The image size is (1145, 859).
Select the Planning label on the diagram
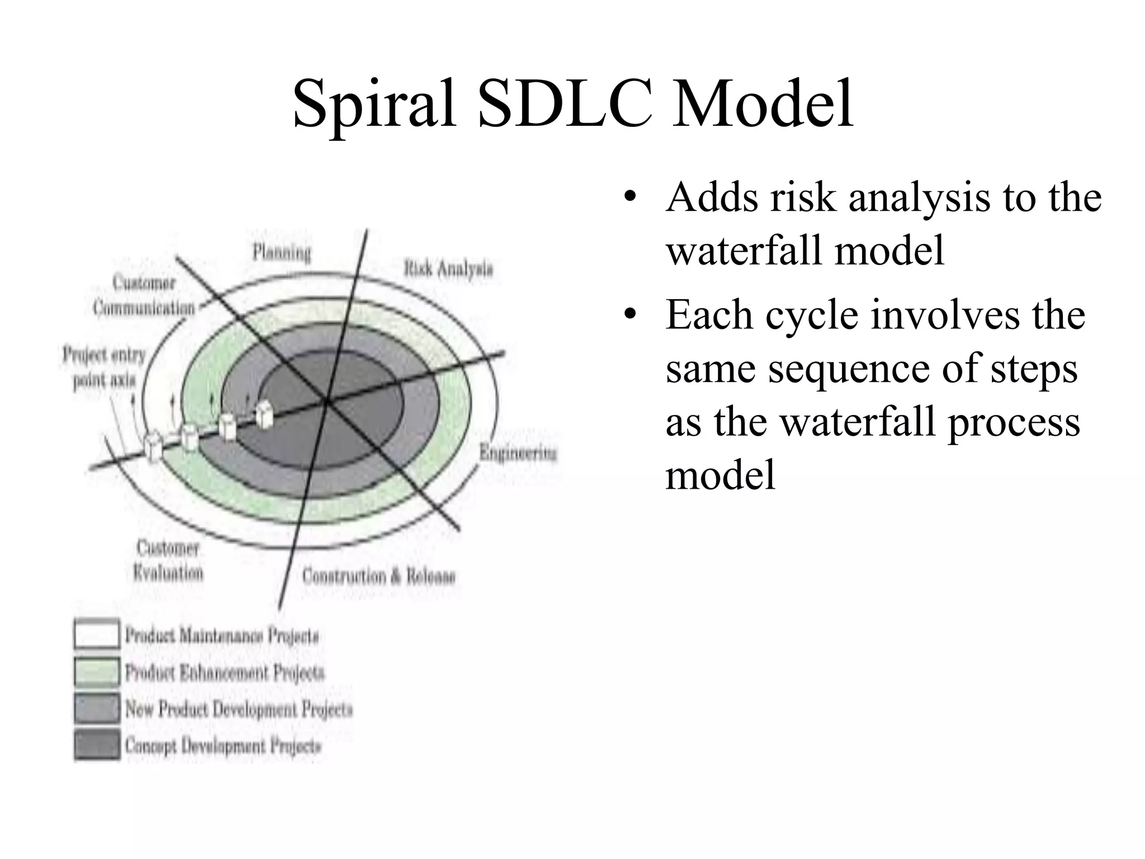pos(281,253)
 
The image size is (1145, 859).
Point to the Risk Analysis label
pos(448,269)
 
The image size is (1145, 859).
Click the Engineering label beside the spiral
pos(518,453)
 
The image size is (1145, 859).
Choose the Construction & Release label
pos(378,576)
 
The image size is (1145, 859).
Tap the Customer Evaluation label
pos(168,560)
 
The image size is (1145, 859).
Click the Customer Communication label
pos(144,296)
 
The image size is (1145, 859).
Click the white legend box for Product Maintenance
pos(97,635)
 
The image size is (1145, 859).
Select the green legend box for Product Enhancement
pos(97,672)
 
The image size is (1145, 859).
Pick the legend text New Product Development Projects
pos(239,709)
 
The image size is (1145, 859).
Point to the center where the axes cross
pos(327,400)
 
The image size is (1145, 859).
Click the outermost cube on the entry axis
pos(153,446)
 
